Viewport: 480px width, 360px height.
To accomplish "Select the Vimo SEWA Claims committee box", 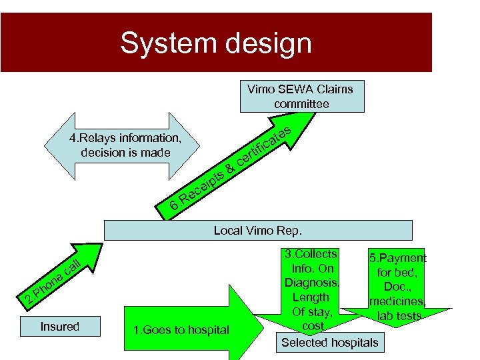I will coord(300,96).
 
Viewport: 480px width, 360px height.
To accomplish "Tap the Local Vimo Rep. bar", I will coord(258,231).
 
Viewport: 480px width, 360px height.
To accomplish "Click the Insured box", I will coord(59,326).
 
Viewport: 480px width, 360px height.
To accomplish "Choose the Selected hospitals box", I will coord(329,343).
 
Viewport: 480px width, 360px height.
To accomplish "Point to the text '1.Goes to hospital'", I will coord(181,329).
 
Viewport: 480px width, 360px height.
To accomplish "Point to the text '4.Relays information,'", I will coord(125,139).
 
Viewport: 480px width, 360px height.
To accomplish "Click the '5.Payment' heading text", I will coord(399,258).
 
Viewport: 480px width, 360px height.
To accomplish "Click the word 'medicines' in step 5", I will coord(397,301).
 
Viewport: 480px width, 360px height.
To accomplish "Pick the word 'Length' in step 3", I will coord(311,297).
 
